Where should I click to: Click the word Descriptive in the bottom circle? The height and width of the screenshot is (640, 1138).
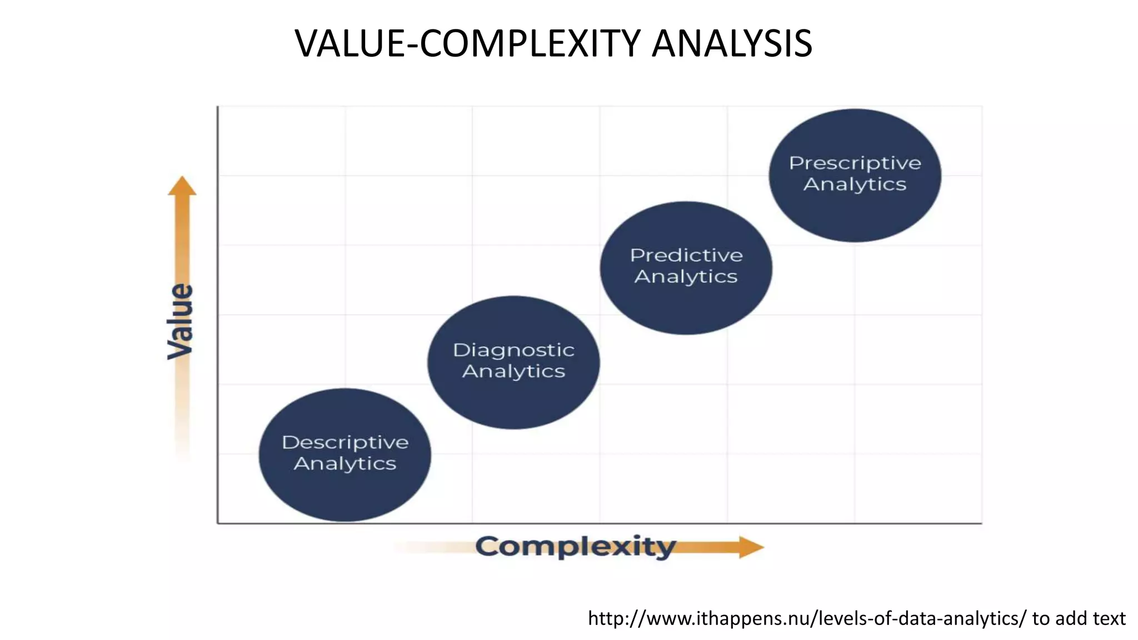tap(345, 442)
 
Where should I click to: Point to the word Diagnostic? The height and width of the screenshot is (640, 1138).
tap(513, 350)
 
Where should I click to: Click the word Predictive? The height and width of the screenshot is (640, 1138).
tap(686, 255)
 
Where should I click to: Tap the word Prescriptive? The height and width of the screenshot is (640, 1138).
tap(855, 163)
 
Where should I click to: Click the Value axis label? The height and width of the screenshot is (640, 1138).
tap(181, 321)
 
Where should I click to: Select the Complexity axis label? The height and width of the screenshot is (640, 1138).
tap(576, 547)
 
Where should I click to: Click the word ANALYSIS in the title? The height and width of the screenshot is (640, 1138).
tap(732, 43)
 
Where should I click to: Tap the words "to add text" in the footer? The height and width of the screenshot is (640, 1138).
tap(1079, 618)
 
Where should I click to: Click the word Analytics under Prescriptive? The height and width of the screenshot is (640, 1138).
tap(855, 184)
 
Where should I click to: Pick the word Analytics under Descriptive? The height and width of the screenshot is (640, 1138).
tap(345, 463)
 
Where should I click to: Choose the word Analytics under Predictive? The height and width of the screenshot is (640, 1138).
tap(686, 276)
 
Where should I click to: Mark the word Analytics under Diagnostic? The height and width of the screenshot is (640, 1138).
tap(513, 371)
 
